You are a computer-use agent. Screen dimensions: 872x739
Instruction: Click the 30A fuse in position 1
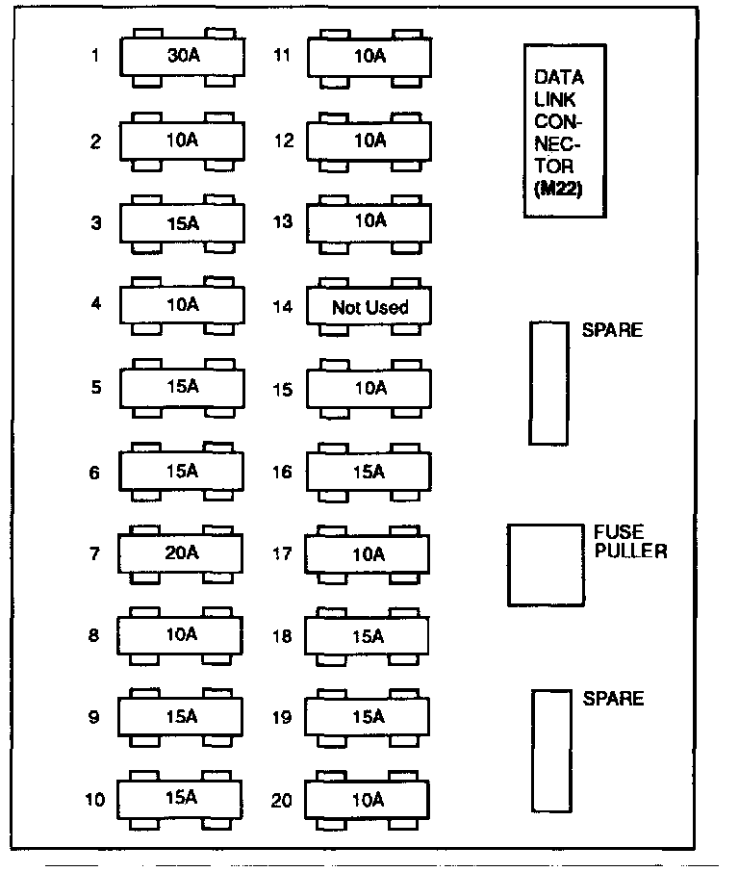pyautogui.click(x=181, y=57)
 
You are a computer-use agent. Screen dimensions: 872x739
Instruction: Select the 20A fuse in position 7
pyautogui.click(x=181, y=553)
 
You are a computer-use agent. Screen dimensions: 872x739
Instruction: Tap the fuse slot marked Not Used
pyautogui.click(x=369, y=307)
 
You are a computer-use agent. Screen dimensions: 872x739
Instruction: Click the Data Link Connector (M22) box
pyautogui.click(x=558, y=130)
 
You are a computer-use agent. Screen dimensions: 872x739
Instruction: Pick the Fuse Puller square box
pyautogui.click(x=545, y=565)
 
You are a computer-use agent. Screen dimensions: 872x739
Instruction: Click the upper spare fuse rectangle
pyautogui.click(x=548, y=383)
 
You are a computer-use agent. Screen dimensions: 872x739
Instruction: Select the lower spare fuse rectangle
pyautogui.click(x=550, y=751)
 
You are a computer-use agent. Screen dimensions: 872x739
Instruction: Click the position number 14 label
pyautogui.click(x=281, y=308)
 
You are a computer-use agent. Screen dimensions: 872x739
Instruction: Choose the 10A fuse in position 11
pyautogui.click(x=369, y=57)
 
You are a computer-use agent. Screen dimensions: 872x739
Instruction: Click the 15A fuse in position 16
pyautogui.click(x=369, y=472)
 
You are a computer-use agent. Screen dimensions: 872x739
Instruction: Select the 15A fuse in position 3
pyautogui.click(x=181, y=223)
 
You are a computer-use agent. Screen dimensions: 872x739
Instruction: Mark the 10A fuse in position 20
pyautogui.click(x=368, y=799)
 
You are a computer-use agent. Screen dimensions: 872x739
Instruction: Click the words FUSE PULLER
pyautogui.click(x=630, y=542)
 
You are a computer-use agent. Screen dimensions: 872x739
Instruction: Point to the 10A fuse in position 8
pyautogui.click(x=181, y=635)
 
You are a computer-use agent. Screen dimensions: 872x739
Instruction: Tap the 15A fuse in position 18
pyautogui.click(x=368, y=636)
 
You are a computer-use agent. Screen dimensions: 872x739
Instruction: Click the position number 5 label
pyautogui.click(x=95, y=389)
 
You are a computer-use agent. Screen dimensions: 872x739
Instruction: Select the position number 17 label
pyautogui.click(x=281, y=554)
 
